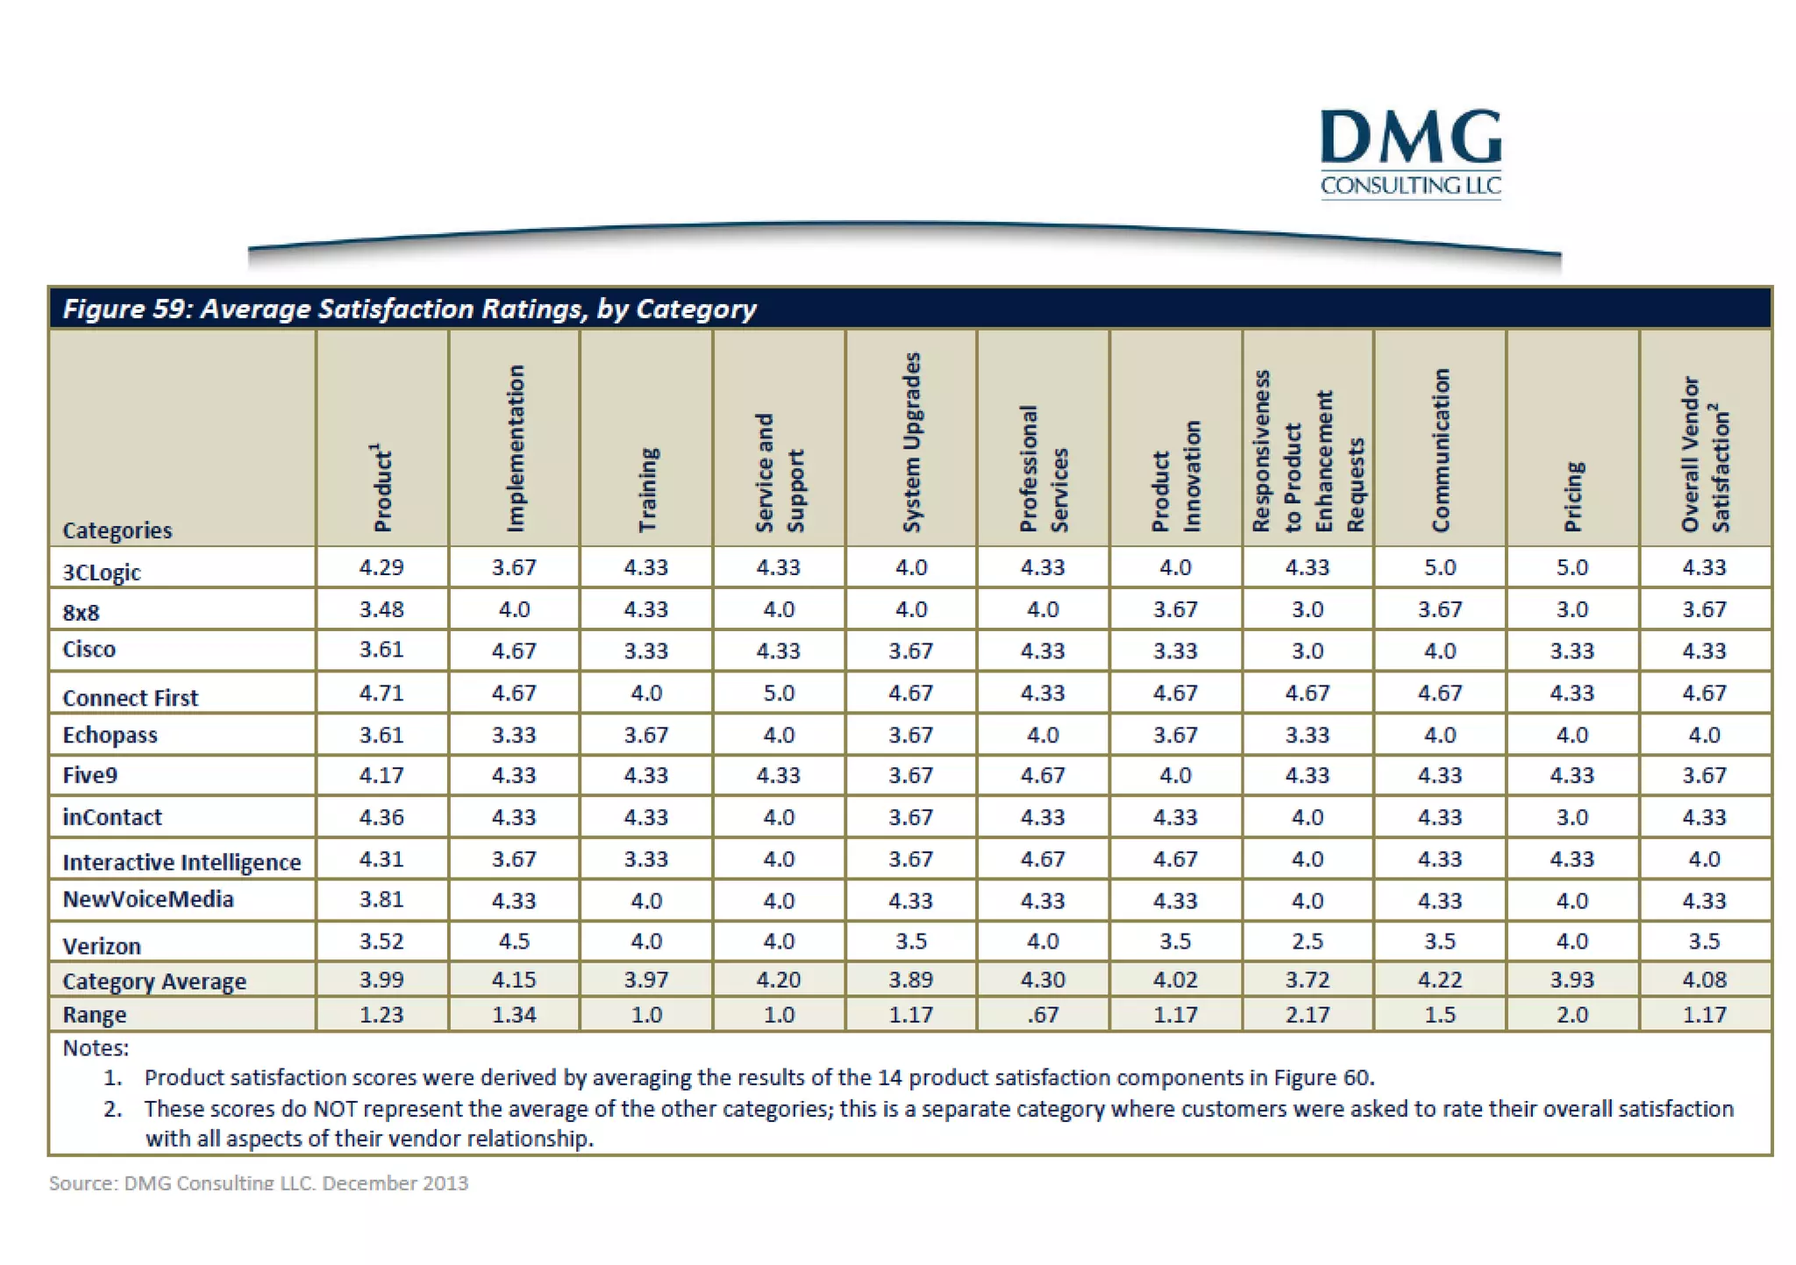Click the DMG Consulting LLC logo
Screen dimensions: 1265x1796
(1410, 153)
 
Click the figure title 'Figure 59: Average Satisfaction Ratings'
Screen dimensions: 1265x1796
(409, 309)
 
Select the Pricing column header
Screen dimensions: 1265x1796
(1573, 496)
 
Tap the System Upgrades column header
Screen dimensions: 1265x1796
(912, 442)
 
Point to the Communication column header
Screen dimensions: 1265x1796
(1440, 450)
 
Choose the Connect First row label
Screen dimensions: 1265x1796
(130, 698)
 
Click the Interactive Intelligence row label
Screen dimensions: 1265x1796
(182, 863)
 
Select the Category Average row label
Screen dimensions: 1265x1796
(154, 981)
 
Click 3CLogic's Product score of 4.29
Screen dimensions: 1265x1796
(381, 567)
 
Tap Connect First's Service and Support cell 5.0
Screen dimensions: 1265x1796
(779, 693)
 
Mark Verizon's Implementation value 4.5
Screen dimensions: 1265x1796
(514, 942)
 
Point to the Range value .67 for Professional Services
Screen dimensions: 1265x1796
(1043, 1014)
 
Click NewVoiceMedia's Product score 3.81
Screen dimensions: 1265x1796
(381, 900)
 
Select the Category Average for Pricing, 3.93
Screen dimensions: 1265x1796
(1571, 979)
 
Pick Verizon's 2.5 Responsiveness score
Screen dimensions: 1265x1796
(1308, 942)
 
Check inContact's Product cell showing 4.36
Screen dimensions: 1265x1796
(381, 817)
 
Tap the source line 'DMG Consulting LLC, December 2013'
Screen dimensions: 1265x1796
(259, 1183)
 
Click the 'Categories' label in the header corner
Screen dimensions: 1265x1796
(118, 530)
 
